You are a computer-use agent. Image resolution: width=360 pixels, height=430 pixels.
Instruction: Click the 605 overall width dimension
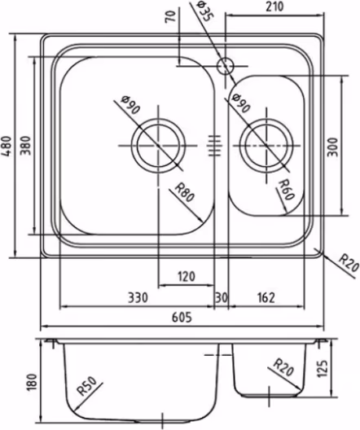182,318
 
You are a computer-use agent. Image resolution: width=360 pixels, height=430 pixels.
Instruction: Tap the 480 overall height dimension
7,146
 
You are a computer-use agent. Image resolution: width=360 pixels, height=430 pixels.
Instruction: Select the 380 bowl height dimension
26,145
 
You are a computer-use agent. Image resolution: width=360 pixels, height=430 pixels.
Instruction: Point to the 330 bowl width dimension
138,297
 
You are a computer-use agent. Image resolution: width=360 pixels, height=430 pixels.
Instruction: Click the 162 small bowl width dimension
266,297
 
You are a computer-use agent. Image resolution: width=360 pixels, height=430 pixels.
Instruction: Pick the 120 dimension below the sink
187,276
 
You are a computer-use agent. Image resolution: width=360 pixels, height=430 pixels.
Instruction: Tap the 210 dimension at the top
274,7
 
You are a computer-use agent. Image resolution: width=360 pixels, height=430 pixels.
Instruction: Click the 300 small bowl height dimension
333,147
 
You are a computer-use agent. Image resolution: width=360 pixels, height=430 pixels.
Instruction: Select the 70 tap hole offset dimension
170,16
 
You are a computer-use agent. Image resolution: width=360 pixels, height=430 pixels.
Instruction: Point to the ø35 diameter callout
205,11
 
